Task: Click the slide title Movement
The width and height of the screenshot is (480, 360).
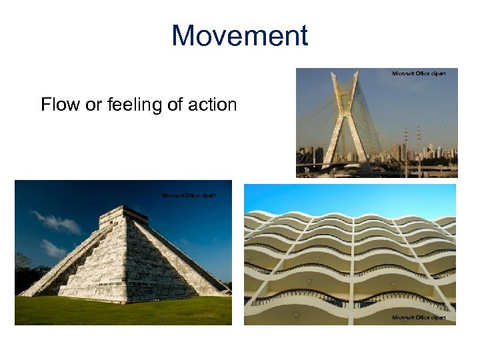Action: point(240,35)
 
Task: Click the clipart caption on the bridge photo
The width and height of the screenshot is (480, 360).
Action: point(419,73)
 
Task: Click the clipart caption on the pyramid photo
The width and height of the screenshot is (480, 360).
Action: point(189,195)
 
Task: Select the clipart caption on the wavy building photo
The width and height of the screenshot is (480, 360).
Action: point(419,317)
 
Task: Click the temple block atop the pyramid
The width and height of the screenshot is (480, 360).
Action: point(125,215)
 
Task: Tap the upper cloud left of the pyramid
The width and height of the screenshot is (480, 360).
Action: point(56,223)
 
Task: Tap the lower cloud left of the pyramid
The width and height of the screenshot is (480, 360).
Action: point(52,247)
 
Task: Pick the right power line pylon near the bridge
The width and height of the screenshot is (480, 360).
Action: point(419,141)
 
